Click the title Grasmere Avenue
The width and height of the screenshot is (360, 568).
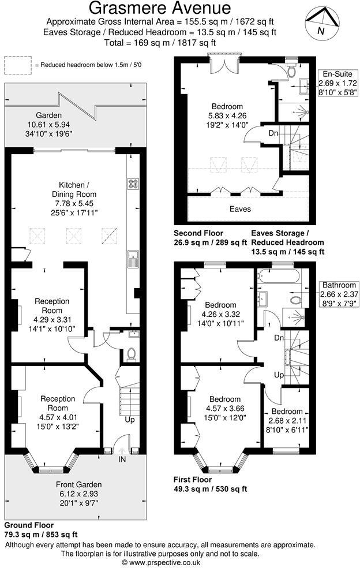[x=160, y=8]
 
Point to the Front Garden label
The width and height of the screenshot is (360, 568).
[x=78, y=484]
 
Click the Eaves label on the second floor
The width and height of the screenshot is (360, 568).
[x=240, y=208]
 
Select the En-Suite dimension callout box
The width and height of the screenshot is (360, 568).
[x=337, y=83]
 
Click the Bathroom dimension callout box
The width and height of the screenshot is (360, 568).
[x=340, y=294]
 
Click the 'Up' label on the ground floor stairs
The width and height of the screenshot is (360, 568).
[x=130, y=420]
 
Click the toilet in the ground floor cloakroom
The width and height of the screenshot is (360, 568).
[x=131, y=353]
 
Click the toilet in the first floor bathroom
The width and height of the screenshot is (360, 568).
[x=298, y=301]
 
